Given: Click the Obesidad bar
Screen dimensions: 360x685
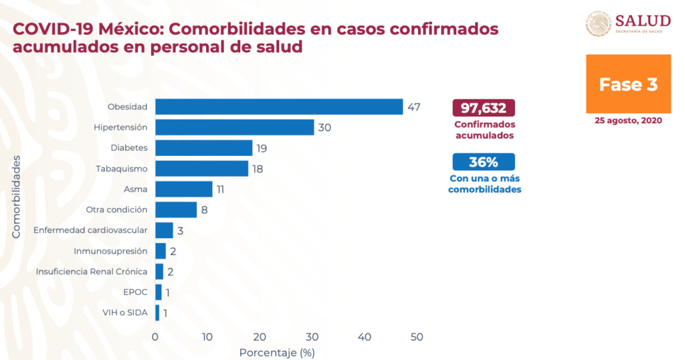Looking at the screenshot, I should [x=279, y=106].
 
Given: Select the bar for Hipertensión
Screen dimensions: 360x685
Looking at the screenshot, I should [x=234, y=127].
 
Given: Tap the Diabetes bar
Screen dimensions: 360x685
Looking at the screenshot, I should [x=203, y=148].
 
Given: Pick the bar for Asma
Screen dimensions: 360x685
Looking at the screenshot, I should [x=183, y=189].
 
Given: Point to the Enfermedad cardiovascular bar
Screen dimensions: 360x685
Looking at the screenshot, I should [x=164, y=230].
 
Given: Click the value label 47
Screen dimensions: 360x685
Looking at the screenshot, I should [x=413, y=107].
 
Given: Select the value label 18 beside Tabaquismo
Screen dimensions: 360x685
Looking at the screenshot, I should [x=258, y=169].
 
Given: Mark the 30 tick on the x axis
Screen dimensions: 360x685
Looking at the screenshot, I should [x=312, y=337].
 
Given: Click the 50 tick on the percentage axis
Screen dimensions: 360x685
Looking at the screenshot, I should [x=417, y=337].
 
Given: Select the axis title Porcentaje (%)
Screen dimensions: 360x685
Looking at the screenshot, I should [x=277, y=351].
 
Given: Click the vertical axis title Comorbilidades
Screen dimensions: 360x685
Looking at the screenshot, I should [x=16, y=195].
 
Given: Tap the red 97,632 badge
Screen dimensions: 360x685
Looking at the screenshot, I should [x=484, y=108].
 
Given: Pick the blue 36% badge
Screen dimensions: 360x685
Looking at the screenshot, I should [x=484, y=162].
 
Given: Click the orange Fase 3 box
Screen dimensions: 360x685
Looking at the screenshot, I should [x=628, y=85].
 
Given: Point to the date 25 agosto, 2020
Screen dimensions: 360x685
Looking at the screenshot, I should [x=628, y=120].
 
